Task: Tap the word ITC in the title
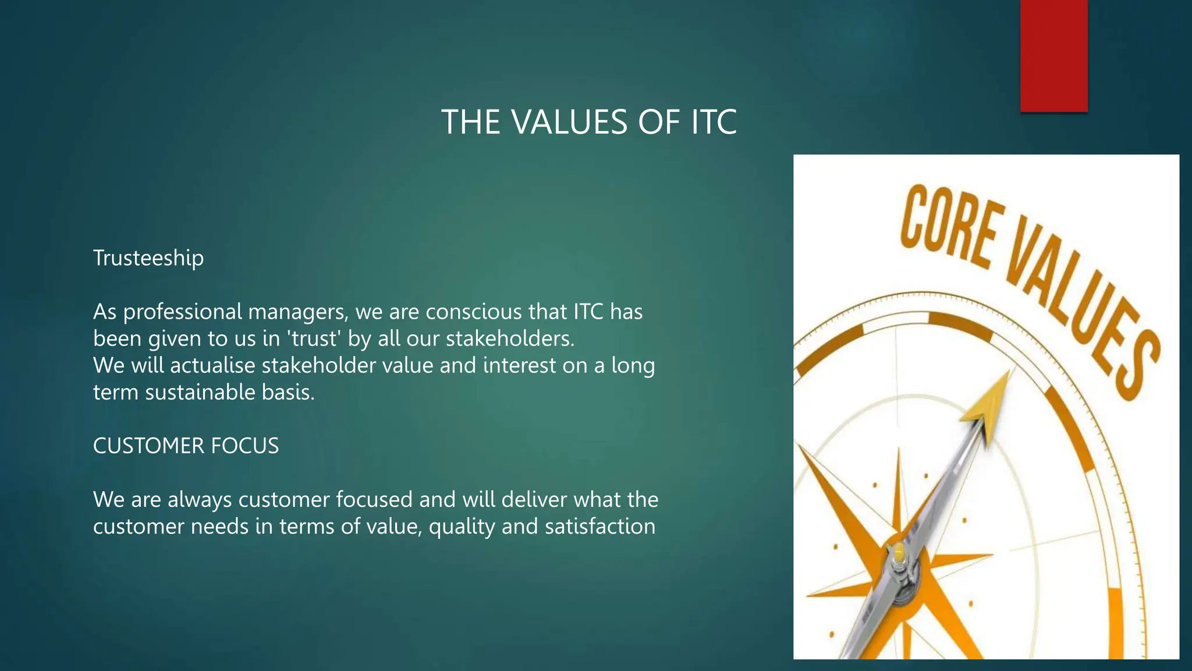(714, 122)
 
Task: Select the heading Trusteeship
(148, 258)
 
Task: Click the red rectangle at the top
(1053, 55)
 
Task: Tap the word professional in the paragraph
(182, 312)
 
